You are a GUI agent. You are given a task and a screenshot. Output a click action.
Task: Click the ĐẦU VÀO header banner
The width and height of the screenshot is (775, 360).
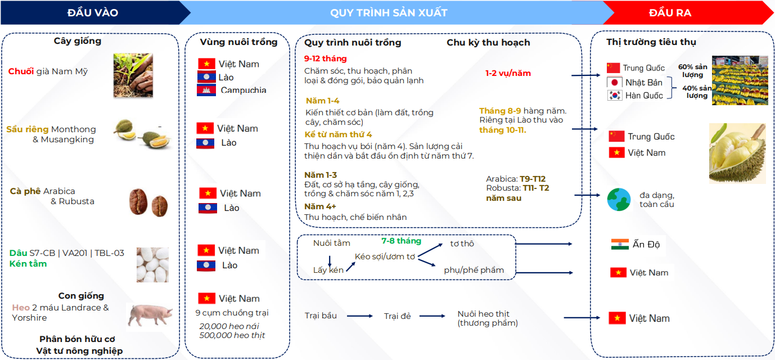[x=93, y=13]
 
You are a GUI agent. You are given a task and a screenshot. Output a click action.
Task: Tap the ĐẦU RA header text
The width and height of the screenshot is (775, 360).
[x=670, y=13]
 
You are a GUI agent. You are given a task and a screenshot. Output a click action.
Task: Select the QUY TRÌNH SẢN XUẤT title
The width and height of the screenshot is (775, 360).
[x=389, y=13]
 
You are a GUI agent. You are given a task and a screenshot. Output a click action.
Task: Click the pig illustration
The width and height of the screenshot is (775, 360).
[x=150, y=314]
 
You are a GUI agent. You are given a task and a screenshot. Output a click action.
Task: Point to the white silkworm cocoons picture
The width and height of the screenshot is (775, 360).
[x=152, y=265]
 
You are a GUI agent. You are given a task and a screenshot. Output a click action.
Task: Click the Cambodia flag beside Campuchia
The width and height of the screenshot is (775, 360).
[x=206, y=90]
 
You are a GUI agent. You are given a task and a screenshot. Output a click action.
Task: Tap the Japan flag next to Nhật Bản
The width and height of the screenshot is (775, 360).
[x=615, y=82]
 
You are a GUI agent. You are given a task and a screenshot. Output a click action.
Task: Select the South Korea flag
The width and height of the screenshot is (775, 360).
[x=615, y=95]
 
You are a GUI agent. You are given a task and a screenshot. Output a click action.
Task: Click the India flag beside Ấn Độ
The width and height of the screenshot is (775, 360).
[x=620, y=244]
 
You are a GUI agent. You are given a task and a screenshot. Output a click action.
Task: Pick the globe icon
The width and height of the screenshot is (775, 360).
[x=619, y=199]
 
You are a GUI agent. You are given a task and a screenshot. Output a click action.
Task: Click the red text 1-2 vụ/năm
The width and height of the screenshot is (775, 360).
[x=508, y=73]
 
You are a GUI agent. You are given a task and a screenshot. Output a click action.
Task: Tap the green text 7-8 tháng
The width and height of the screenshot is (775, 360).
[x=402, y=241]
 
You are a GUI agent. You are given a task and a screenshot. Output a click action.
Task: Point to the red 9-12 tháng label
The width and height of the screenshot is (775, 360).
[x=325, y=58]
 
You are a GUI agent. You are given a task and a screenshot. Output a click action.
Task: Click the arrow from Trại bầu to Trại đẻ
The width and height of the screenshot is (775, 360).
[x=360, y=316]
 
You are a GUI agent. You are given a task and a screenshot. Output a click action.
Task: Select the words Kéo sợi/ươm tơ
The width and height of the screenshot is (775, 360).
[x=385, y=256]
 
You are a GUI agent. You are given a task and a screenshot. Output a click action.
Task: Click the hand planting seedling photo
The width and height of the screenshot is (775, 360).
[x=133, y=75]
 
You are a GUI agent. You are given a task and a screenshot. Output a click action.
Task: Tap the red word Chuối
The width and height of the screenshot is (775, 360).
[x=21, y=71]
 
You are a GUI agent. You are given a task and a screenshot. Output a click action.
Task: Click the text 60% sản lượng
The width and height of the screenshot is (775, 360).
[x=693, y=71]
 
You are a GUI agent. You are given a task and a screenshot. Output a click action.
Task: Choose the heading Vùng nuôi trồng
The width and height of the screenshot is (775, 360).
[x=238, y=42]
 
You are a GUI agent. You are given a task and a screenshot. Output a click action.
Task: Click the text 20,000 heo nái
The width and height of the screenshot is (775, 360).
[x=229, y=326]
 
